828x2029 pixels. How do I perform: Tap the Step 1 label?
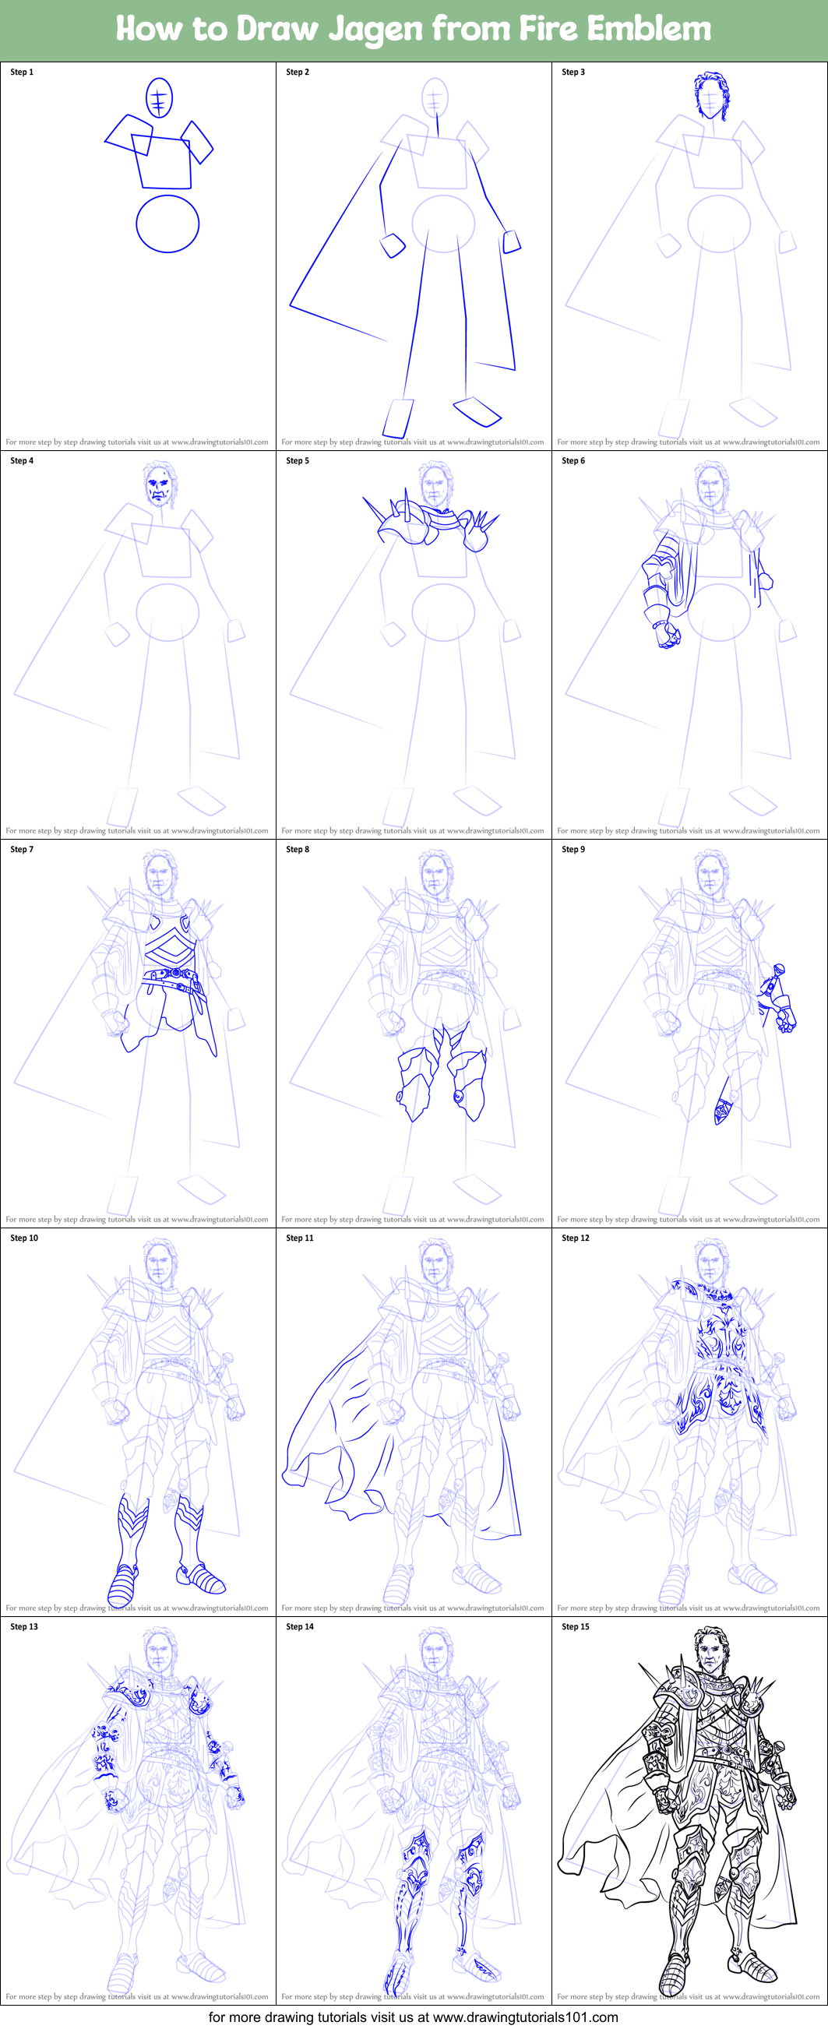tap(21, 72)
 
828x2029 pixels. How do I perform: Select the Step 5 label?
tap(297, 461)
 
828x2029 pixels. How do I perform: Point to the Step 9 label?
tap(573, 849)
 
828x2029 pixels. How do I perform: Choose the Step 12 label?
tap(575, 1238)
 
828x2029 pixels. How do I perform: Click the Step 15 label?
tap(575, 1626)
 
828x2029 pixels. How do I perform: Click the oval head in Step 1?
tap(159, 97)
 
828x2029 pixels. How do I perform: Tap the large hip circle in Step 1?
tap(167, 224)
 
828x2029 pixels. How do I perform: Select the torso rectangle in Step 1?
tap(164, 163)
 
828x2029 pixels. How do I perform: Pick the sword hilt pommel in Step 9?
tap(778, 969)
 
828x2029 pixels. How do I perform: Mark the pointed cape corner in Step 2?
tap(291, 304)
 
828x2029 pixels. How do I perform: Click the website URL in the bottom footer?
tap(525, 2017)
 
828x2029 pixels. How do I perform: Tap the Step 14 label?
tap(299, 1626)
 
